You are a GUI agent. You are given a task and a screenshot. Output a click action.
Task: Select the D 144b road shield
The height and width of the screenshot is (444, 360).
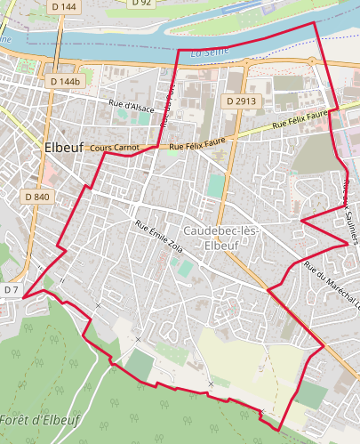click(65, 81)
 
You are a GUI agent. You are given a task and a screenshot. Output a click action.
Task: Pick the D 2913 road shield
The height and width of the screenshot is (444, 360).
click(241, 101)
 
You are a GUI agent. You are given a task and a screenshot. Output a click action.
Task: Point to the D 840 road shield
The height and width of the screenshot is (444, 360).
click(37, 196)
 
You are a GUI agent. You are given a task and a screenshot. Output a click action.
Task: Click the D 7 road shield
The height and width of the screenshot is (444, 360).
click(11, 290)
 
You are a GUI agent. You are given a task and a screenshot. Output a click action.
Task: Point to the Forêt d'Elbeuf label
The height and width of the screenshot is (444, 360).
click(39, 419)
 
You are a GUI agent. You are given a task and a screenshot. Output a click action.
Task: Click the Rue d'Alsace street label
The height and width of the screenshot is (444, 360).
click(132, 106)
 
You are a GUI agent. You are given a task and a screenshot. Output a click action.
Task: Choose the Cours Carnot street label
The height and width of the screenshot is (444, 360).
click(116, 146)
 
